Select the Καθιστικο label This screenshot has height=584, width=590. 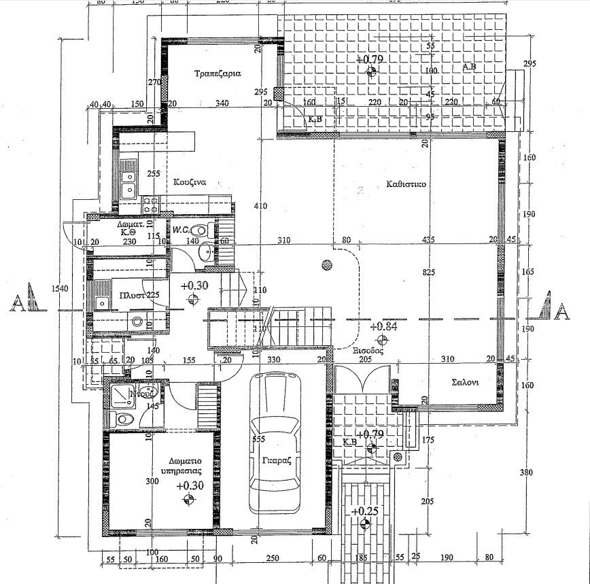point(406,183)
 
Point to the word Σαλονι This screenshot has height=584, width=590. point(465,382)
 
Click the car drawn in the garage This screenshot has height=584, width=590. point(275,442)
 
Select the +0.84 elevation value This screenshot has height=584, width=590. point(382,326)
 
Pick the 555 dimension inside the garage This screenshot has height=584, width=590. point(258,440)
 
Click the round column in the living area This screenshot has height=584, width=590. point(327,265)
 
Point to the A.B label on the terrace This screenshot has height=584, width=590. point(469,67)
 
